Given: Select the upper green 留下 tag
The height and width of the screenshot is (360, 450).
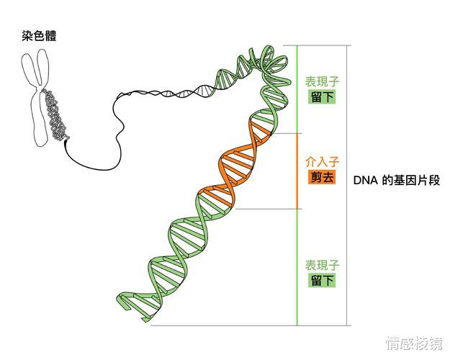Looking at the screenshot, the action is (x=322, y=96).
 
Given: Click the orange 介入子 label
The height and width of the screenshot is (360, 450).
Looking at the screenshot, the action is (x=322, y=163).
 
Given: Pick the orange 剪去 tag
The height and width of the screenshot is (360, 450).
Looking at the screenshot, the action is (x=322, y=177).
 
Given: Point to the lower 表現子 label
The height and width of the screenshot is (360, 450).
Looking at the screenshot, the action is (x=322, y=266).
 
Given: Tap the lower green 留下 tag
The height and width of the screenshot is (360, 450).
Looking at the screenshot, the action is (x=322, y=280).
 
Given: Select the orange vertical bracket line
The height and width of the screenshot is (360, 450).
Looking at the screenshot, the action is (x=297, y=171).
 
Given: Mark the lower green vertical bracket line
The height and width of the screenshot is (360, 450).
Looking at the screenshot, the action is (x=297, y=266).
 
